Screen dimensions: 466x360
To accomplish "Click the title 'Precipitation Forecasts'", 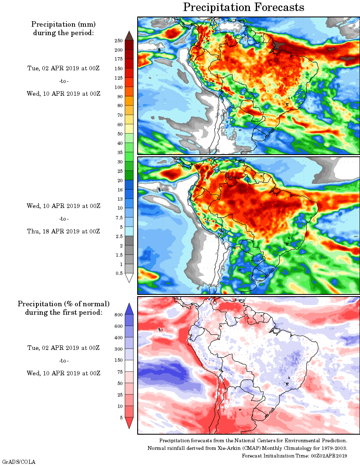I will click(244, 7).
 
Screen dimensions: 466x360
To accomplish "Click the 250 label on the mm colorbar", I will click(118, 41).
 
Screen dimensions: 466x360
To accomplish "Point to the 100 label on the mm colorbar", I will click(118, 87).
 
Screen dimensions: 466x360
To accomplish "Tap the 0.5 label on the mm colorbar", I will click(119, 273).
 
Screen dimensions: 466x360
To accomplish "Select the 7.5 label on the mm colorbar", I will click(119, 217).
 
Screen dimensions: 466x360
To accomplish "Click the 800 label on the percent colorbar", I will click(118, 315).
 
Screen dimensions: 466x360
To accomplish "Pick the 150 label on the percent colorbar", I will click(118, 360).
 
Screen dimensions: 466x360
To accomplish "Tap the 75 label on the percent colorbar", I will click(119, 372).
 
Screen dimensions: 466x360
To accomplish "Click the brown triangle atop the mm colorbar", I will click(129, 36).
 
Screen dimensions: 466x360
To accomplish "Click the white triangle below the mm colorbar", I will click(129, 277).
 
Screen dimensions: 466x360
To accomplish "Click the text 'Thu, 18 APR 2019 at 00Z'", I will click(64, 231).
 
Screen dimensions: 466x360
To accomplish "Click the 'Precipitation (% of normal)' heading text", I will click(64, 304).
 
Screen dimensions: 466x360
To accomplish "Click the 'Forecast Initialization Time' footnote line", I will click(294, 455).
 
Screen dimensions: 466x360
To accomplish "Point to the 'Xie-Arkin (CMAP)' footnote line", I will click(247, 448).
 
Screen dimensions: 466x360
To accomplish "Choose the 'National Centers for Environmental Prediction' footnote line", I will click(253, 441).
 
